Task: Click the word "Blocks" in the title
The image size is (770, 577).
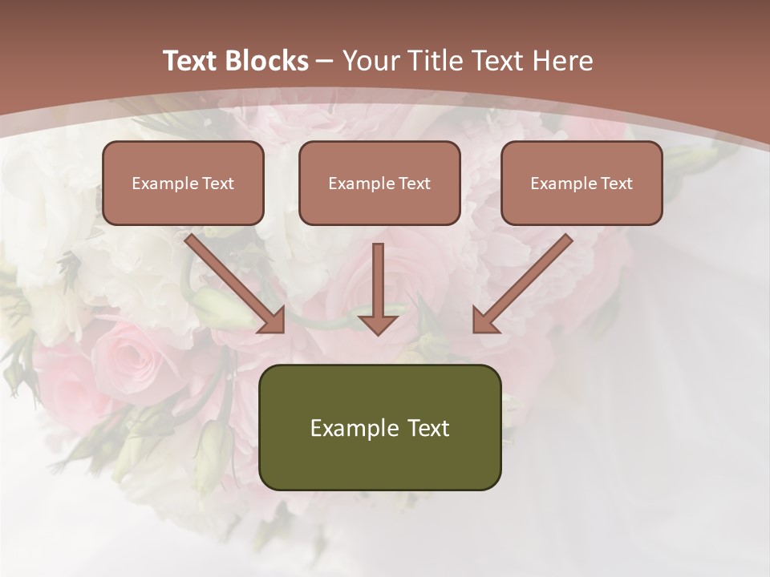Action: [x=268, y=61]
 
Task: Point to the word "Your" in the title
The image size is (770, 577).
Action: [x=370, y=61]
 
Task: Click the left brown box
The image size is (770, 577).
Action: [x=183, y=183]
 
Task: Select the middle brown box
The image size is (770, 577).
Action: [x=379, y=183]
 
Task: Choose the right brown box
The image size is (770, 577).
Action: [x=582, y=183]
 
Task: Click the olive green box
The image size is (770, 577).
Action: [x=379, y=427]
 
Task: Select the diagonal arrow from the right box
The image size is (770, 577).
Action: [x=521, y=283]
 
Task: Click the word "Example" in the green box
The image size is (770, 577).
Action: [x=354, y=428]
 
